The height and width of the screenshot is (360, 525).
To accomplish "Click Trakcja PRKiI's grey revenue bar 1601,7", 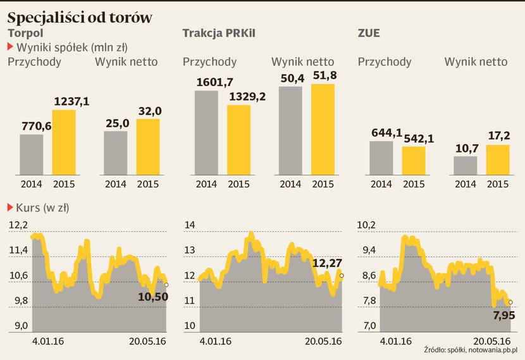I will point(206,132).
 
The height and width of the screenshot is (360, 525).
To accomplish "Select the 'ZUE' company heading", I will point(369,33).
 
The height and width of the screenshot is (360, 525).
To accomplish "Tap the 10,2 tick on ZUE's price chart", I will point(367,225).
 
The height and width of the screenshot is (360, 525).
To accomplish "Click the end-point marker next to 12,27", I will point(342,275).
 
